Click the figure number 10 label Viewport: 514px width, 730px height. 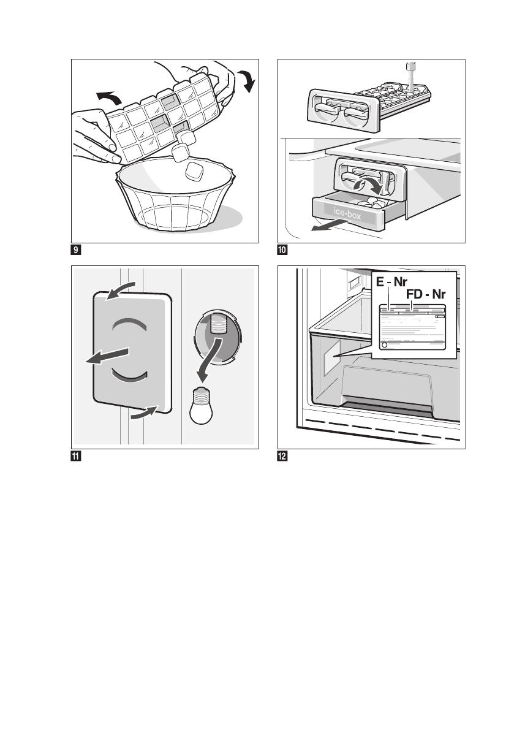coord(283,250)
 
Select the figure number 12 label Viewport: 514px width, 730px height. coord(283,456)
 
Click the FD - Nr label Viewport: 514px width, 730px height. coord(425,295)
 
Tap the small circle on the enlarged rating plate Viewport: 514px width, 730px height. coord(384,346)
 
